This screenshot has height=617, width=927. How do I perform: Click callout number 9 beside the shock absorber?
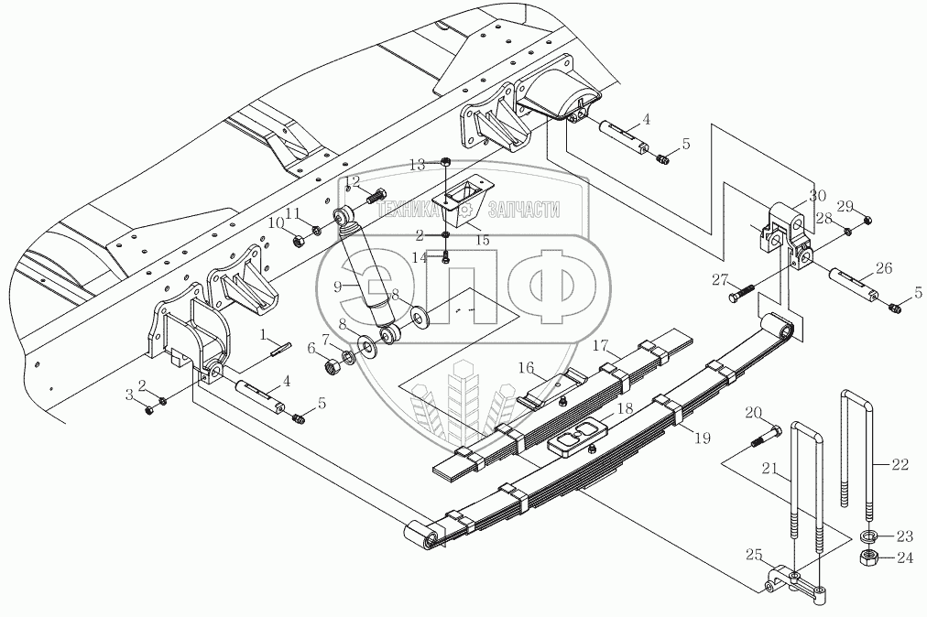click(x=338, y=286)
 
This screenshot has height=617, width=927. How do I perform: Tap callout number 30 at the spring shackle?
click(x=817, y=195)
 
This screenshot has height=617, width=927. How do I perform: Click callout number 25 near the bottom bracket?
click(x=754, y=555)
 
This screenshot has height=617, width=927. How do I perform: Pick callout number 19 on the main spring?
click(x=702, y=438)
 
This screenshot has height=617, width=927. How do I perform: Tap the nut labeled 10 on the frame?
click(x=299, y=241)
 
